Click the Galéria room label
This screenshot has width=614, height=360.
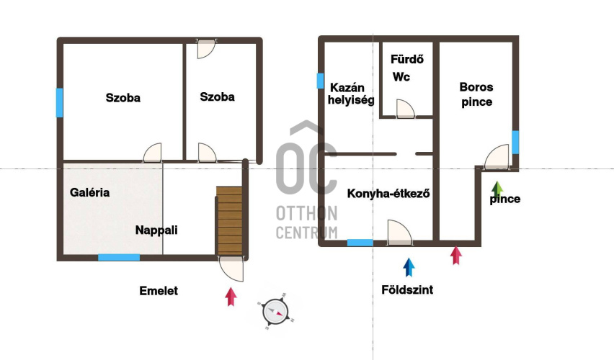(x=89, y=192)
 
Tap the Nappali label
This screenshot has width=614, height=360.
(x=156, y=230)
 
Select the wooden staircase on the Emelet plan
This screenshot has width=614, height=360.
(x=229, y=221)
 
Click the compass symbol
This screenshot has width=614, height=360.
(x=276, y=312)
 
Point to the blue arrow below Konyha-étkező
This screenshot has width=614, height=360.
(x=409, y=267)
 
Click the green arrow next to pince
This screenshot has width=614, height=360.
(x=497, y=190)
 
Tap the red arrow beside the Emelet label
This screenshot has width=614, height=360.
(x=231, y=297)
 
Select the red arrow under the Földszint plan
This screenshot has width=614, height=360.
(x=455, y=256)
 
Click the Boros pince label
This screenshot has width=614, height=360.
(x=476, y=94)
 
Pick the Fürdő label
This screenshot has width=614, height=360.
(x=407, y=60)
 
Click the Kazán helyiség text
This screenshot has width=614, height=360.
(x=351, y=94)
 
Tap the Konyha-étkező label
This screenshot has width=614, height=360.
(x=388, y=194)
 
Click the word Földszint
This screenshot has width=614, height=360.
(x=407, y=290)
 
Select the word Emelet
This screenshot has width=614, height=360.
(x=159, y=291)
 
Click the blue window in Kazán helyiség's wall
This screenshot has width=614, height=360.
(x=320, y=81)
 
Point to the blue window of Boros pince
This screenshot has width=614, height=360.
(x=515, y=142)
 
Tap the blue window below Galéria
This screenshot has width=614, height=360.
(x=119, y=258)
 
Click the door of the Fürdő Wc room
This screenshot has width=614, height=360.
(x=405, y=109)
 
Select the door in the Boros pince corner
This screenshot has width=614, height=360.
(x=497, y=157)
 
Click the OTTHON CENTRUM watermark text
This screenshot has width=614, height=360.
(x=306, y=222)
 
